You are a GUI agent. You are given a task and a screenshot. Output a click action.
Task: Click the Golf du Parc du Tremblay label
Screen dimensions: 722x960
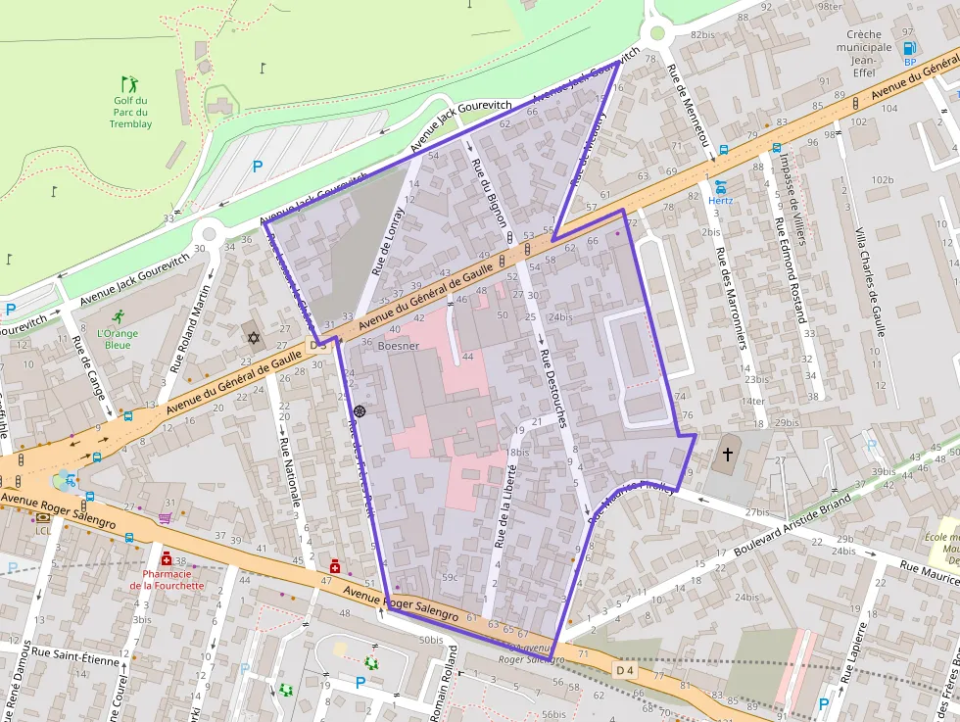tap(130, 112)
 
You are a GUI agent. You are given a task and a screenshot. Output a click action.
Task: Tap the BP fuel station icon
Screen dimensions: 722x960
tap(908, 48)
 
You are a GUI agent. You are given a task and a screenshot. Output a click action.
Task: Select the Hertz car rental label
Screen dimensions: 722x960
tap(721, 200)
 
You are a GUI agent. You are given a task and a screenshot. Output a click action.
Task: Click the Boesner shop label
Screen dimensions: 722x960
tap(398, 346)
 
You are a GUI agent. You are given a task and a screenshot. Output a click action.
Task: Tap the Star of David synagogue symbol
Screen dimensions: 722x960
tap(254, 338)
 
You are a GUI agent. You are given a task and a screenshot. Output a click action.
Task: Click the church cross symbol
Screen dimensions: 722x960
tap(727, 454)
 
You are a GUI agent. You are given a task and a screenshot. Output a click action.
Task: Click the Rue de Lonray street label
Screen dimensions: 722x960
tap(388, 240)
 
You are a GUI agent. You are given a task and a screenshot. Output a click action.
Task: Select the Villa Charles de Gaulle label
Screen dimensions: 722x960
tap(871, 281)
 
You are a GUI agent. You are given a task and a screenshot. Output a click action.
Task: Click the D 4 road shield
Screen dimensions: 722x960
tap(625, 669)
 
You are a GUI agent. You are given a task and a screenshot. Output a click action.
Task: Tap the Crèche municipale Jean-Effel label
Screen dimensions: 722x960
tap(870, 47)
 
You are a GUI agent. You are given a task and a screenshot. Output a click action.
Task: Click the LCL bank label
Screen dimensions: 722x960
tap(43, 530)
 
